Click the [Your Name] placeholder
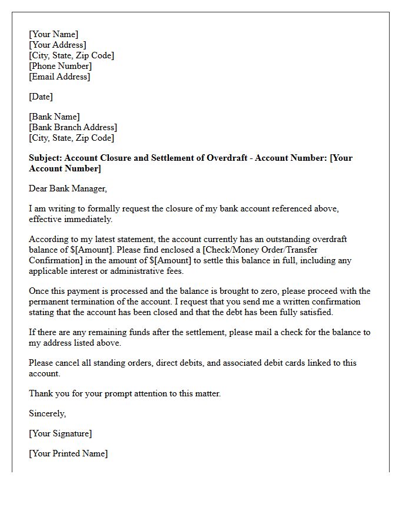click(54, 34)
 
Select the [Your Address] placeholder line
click(58, 45)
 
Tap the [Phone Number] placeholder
click(61, 66)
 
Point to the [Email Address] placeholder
click(60, 77)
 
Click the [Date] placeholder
click(41, 97)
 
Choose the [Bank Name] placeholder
click(55, 117)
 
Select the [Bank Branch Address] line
click(73, 127)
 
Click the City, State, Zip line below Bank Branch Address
click(72, 138)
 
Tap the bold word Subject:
click(45, 158)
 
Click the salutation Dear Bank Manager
click(68, 188)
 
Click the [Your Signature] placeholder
click(61, 433)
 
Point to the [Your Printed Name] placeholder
click(68, 453)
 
